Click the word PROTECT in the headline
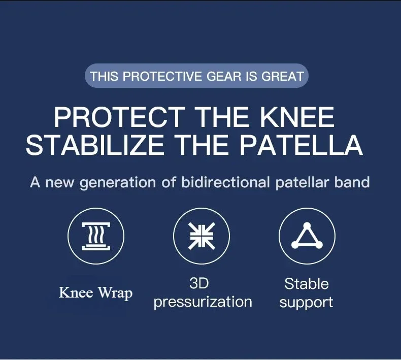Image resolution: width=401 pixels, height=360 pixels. point(119,117)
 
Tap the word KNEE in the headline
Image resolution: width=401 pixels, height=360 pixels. point(297,117)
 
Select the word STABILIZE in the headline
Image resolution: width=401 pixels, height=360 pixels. point(94,145)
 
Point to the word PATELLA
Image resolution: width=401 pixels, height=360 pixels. point(301,145)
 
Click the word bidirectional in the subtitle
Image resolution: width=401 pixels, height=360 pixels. point(225,182)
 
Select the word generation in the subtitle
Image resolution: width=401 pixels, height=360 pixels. point(118,183)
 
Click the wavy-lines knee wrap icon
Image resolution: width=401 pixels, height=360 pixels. point(96,236)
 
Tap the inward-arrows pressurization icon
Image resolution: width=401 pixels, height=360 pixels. point(202,236)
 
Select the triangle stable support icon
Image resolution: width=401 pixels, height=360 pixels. point(307,236)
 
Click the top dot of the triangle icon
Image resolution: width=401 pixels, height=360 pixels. point(307,226)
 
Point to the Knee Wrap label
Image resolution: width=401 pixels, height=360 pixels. point(95,292)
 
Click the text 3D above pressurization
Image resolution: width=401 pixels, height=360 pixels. point(199,283)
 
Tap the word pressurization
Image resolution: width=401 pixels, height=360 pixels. point(203,302)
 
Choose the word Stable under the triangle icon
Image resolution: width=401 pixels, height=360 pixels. point(307,284)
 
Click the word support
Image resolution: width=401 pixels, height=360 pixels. point(306,303)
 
